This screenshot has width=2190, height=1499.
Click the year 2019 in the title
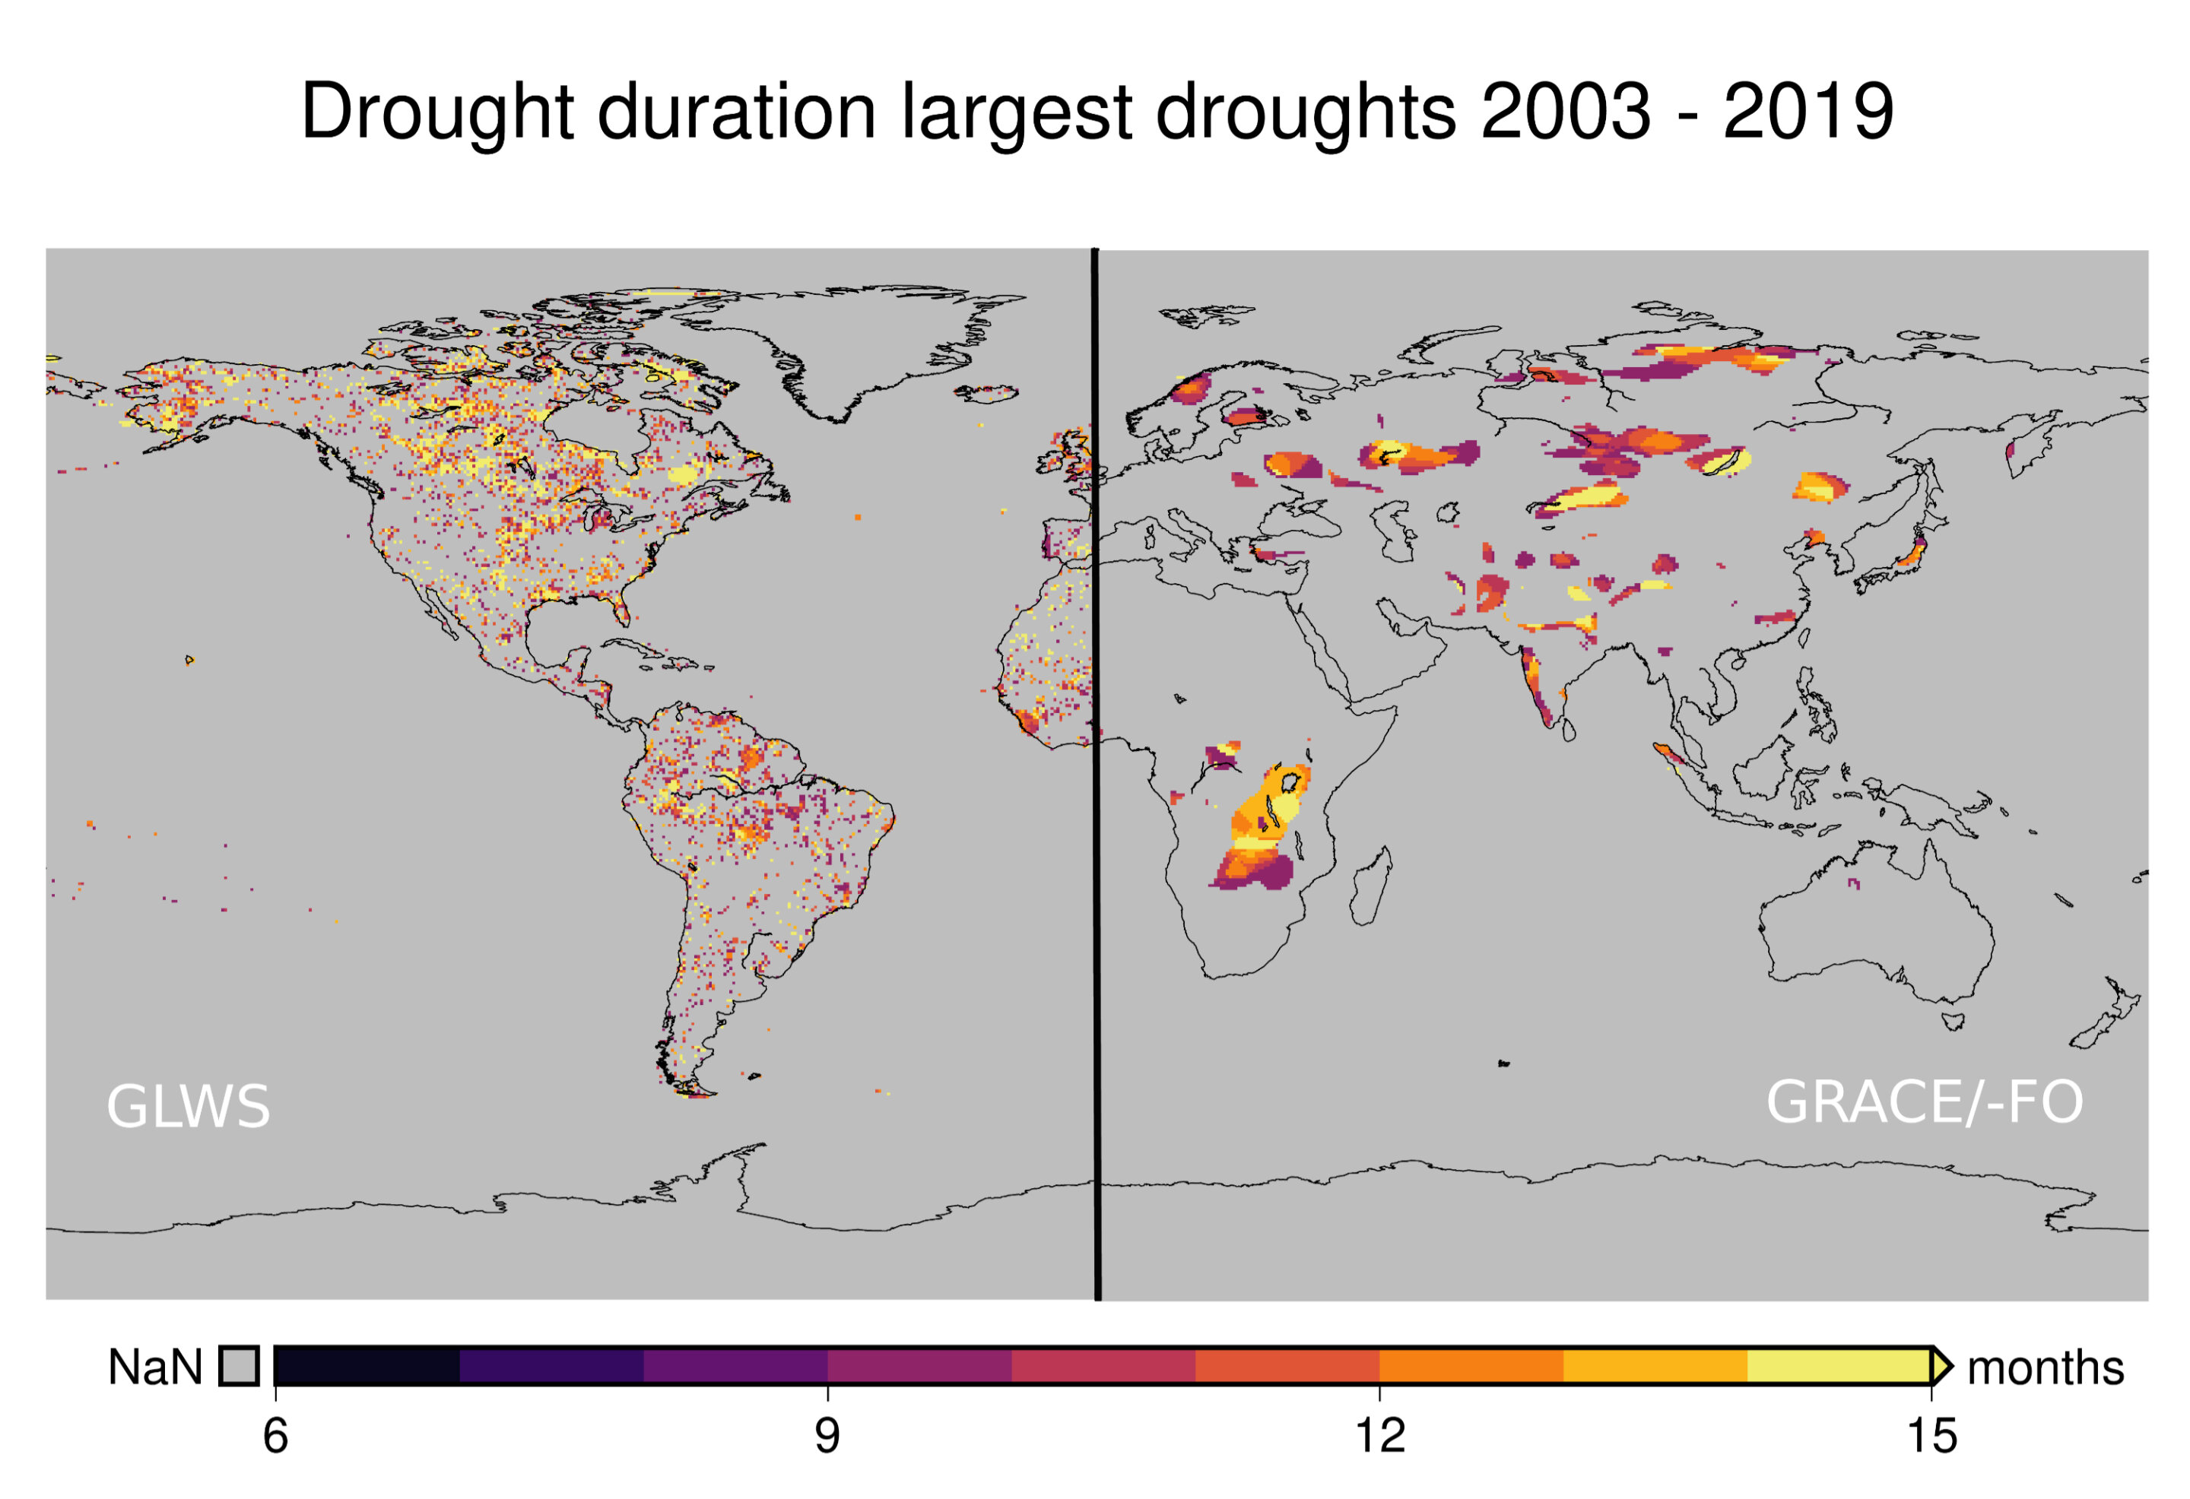1808,111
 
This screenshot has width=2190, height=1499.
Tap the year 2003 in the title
1564,111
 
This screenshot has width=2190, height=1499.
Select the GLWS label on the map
189,1106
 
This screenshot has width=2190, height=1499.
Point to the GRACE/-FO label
1925,1102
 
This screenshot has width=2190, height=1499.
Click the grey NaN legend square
239,1366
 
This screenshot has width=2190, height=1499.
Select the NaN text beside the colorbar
155,1367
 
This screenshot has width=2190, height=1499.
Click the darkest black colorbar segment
367,1366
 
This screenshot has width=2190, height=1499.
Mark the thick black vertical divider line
1096,772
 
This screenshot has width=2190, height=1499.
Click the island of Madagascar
1372,886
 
